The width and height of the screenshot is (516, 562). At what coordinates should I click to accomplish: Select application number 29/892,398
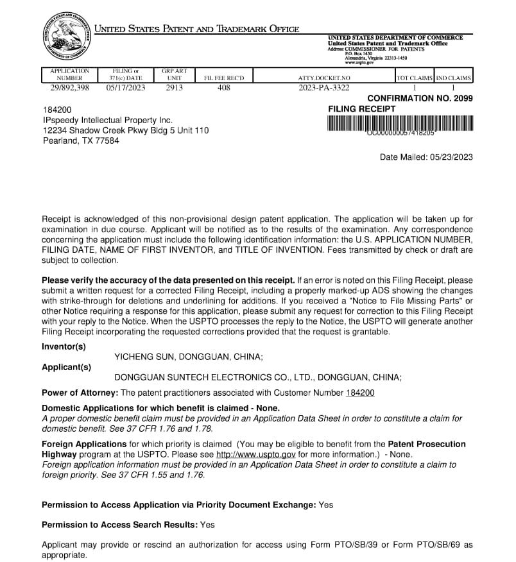coord(69,88)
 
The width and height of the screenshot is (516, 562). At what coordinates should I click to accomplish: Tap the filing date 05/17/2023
coord(126,88)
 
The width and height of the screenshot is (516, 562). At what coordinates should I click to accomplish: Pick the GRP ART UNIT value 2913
coord(174,88)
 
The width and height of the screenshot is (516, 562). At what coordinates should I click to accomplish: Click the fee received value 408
coord(223,88)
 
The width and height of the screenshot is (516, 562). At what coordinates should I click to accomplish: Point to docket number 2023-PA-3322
coord(324,88)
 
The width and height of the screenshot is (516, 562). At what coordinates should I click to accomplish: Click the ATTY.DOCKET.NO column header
coord(324,78)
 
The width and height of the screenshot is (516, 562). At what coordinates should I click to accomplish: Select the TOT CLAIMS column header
coord(414,78)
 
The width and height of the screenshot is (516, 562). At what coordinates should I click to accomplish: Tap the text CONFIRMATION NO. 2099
coord(420,98)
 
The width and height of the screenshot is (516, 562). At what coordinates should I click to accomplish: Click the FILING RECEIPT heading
coord(362,109)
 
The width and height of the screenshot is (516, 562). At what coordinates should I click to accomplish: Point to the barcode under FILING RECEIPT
coord(400,123)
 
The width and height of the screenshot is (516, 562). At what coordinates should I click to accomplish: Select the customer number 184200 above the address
coord(57,110)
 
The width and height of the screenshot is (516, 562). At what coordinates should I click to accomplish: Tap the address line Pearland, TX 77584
coord(81,140)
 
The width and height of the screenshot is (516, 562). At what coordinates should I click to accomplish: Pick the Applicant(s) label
coord(66,367)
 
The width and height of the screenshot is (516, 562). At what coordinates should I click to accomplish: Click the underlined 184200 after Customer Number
coord(360,393)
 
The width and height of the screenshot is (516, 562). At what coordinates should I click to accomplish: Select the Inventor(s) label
coord(64,346)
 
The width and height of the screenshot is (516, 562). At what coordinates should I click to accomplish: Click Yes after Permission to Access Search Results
coord(207,525)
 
